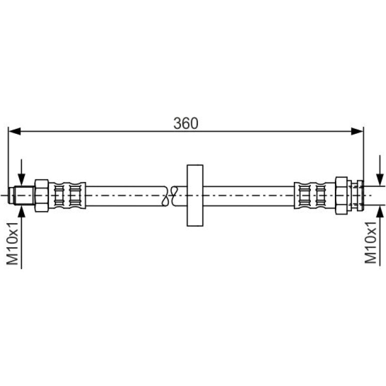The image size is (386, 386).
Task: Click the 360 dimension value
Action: (186, 123)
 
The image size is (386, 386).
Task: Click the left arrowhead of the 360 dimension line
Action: (14, 131)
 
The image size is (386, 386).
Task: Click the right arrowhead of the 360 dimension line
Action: (357, 131)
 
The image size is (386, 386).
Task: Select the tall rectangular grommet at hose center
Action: (195, 196)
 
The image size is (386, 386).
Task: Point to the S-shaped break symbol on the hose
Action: (169, 196)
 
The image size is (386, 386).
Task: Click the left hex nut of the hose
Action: (42, 196)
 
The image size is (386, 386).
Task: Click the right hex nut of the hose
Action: (341, 196)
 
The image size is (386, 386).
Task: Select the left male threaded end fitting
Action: (22, 196)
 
